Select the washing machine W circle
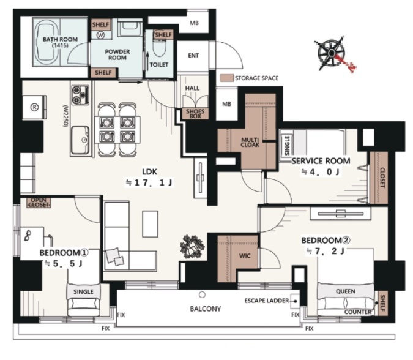point(100,35)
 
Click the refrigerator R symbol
point(35,107)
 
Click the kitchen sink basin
point(80,140)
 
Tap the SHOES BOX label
point(195,114)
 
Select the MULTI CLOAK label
point(250,142)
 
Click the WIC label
point(245,256)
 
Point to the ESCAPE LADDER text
point(267,301)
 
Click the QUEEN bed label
point(346,291)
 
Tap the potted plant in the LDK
point(192,247)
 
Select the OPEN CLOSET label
point(39,203)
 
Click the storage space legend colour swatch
point(227,78)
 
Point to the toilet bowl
point(159,48)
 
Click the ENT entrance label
point(193,56)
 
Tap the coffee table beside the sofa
point(150,223)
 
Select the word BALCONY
point(206,309)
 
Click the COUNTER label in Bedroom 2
point(358,312)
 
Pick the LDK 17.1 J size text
point(149,182)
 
